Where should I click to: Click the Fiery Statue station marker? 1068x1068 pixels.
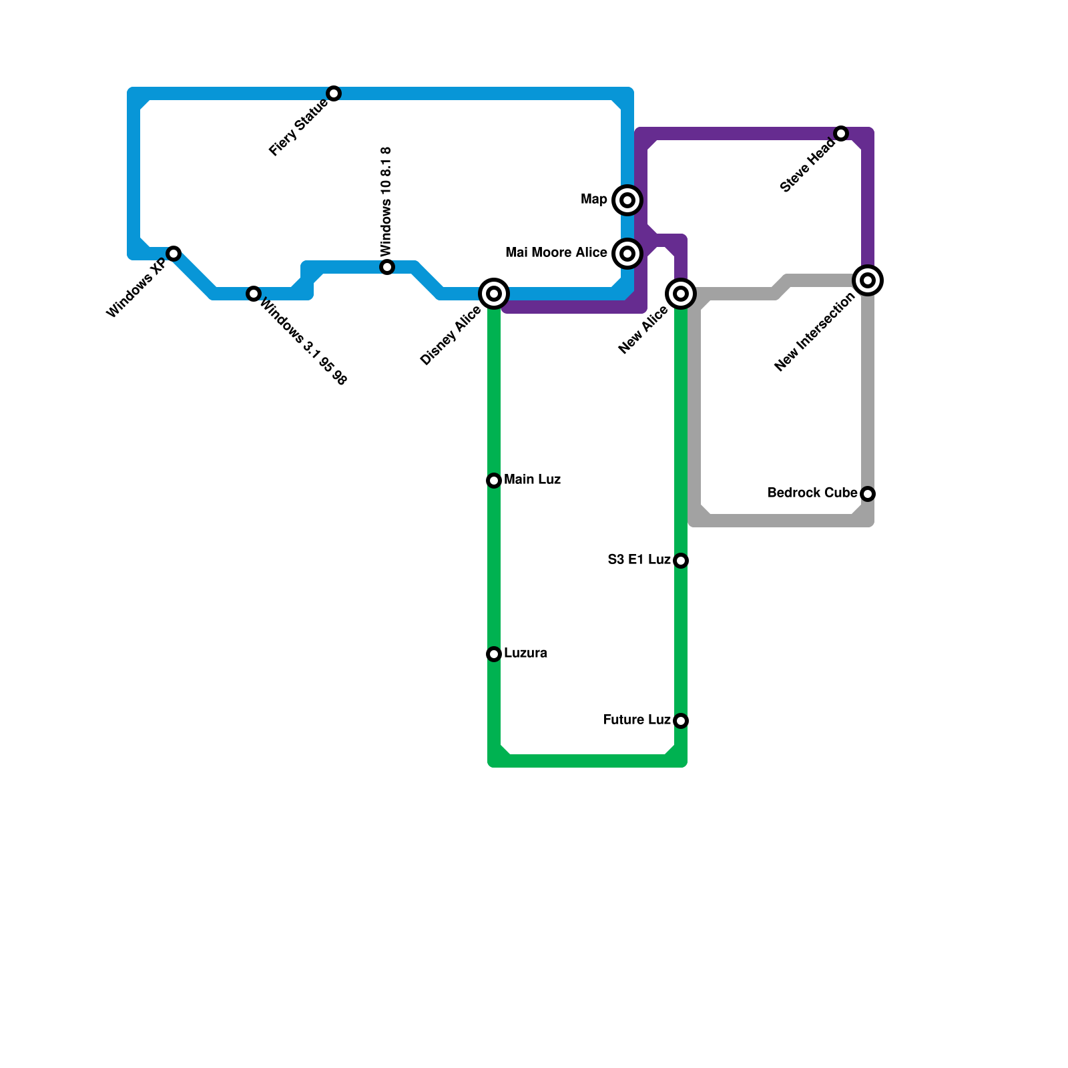pos(334,93)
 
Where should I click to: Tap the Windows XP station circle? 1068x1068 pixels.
pos(174,254)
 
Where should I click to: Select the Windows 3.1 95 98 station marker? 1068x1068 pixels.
pos(254,294)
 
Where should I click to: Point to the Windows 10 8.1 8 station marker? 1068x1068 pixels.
pos(387,267)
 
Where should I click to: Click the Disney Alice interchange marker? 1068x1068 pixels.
pos(494,294)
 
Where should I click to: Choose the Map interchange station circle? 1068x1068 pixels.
pos(627,200)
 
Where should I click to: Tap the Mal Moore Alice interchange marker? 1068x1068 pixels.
pos(627,254)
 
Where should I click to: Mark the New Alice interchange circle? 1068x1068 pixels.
pos(681,294)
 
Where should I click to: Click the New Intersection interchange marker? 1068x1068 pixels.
pos(868,280)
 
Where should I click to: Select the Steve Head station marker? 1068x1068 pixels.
pos(841,133)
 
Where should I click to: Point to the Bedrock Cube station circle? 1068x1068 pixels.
pos(868,494)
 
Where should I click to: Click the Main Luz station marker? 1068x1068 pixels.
pos(494,481)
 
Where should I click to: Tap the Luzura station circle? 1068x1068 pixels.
pos(494,654)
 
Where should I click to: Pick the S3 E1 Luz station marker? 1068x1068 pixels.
pos(681,561)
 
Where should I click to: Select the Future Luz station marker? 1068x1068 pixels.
pos(681,721)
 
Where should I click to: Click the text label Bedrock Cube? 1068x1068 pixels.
pos(812,493)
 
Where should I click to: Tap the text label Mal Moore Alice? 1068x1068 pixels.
pos(556,253)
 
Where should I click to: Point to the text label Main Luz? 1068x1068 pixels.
pos(532,480)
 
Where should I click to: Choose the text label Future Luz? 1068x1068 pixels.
pos(637,720)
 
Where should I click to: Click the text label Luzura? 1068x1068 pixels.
pos(525,653)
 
